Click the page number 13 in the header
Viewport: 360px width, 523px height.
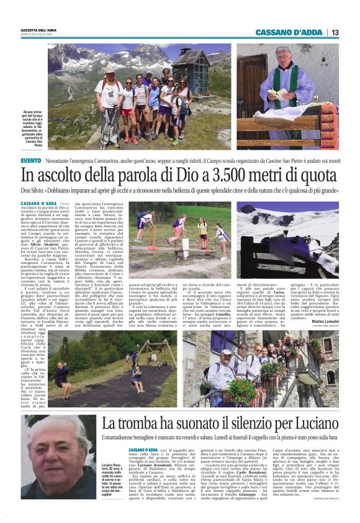pos(334,32)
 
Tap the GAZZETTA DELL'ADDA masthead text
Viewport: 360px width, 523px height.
pos(40,30)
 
